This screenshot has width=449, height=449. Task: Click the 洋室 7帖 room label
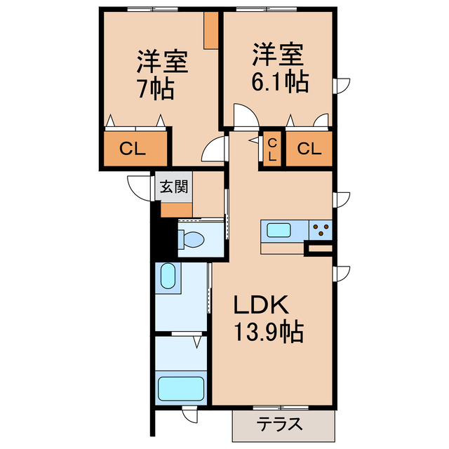[x=161, y=74]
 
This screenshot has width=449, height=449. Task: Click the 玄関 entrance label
[x=173, y=187]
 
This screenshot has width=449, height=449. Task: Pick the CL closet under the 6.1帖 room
[x=309, y=149]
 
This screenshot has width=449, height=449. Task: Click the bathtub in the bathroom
[x=181, y=388]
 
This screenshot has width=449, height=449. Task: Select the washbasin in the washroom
[x=168, y=276]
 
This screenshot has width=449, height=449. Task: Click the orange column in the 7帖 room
[x=210, y=31]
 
